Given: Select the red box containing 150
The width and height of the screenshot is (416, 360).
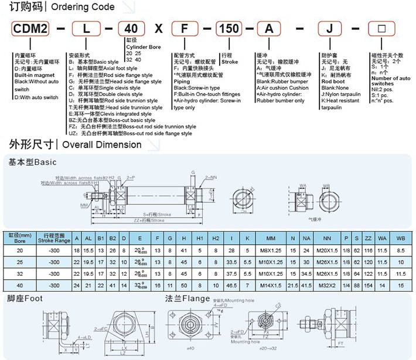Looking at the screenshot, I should pos(229,29).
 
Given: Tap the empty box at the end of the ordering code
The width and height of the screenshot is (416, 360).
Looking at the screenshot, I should pos(379,29).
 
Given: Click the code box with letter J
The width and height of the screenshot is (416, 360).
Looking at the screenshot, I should pos(328,29).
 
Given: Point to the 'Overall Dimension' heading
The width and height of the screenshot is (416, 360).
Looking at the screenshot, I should pos(101,144).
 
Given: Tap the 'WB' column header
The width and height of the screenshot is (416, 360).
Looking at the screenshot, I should pos(401,238).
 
